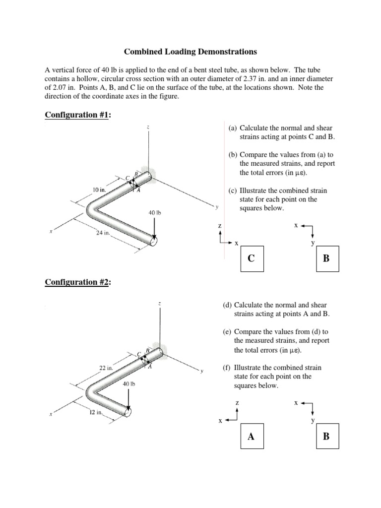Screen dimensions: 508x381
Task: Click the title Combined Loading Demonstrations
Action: (x=190, y=51)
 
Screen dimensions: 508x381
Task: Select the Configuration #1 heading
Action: (x=78, y=115)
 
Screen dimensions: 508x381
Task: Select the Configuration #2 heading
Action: (x=78, y=282)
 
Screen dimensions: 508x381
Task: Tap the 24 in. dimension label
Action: (x=103, y=233)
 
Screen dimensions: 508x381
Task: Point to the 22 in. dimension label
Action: (x=107, y=368)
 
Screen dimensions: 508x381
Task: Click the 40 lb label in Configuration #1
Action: (x=155, y=213)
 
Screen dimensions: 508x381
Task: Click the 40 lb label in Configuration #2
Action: (x=128, y=384)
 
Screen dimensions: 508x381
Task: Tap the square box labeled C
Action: (x=252, y=259)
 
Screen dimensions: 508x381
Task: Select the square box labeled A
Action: (x=251, y=437)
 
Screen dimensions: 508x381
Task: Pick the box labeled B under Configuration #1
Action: (x=327, y=259)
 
